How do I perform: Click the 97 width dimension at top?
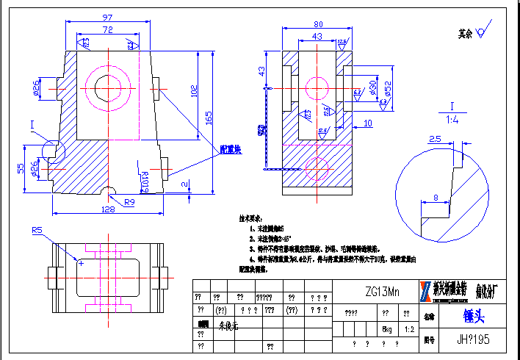tap(107, 17)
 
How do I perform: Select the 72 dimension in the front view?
tap(107, 30)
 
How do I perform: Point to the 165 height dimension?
tap(209, 117)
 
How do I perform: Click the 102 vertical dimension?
tap(194, 91)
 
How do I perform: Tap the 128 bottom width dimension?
tap(107, 209)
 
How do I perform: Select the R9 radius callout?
tap(129, 201)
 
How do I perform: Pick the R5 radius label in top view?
tap(37, 231)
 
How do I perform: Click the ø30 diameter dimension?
tap(372, 88)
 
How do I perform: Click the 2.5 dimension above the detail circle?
tap(435, 139)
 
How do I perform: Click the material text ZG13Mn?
tap(385, 292)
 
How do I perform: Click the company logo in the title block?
tap(425, 291)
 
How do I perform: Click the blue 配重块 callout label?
tap(232, 149)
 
